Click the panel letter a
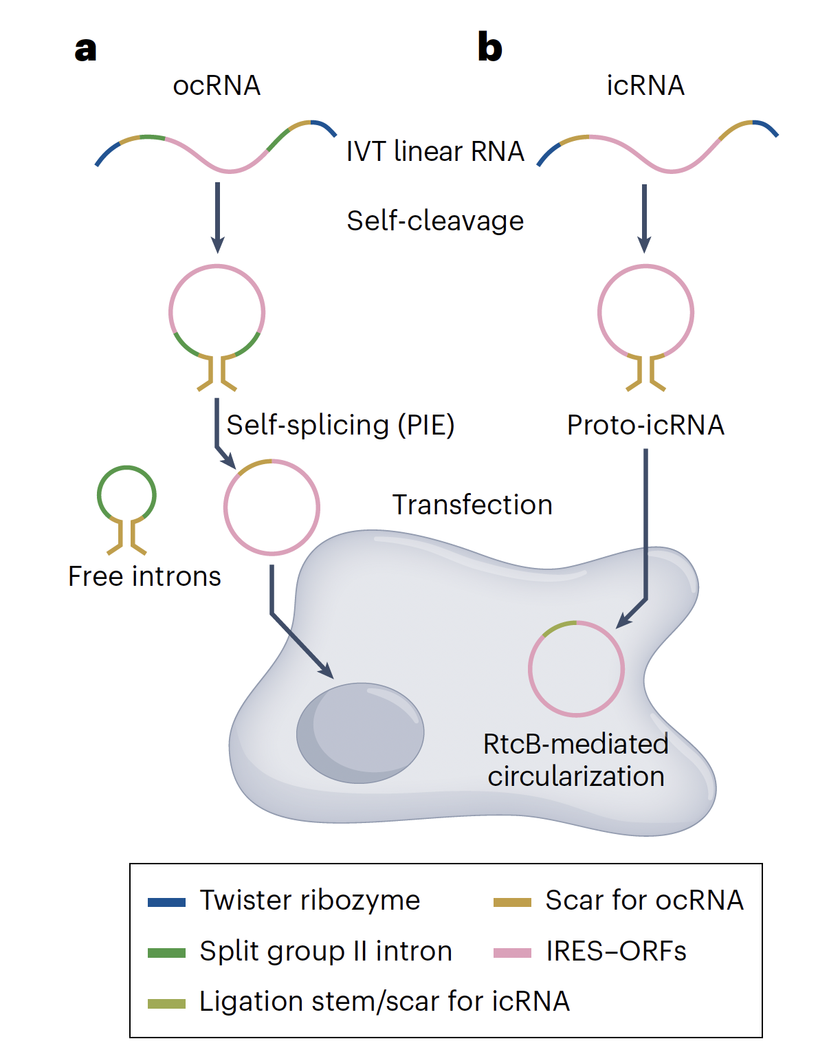[85, 50]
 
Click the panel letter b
[489, 47]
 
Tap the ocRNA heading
[217, 86]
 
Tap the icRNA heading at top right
[645, 86]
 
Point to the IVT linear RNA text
[435, 151]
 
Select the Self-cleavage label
[435, 221]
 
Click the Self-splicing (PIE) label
[340, 425]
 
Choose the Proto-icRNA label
[645, 425]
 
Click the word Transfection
[472, 505]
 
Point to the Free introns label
[144, 576]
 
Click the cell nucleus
[360, 733]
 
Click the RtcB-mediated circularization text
[576, 760]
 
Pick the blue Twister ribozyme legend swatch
[166, 902]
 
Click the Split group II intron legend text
[326, 951]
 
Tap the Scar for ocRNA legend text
[644, 900]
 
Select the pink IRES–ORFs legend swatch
[512, 953]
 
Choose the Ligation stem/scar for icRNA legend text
[384, 1001]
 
